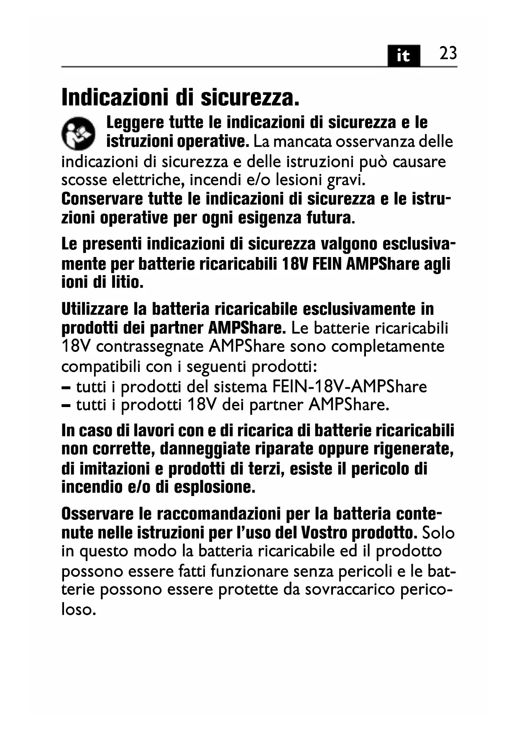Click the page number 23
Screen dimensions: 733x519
(x=448, y=54)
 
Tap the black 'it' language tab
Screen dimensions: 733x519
(x=403, y=56)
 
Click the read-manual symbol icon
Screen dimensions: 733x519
(x=78, y=133)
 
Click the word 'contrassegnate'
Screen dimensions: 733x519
(x=151, y=347)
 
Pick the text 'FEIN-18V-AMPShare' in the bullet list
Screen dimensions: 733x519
(x=350, y=387)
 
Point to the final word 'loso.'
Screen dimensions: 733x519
(x=77, y=609)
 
